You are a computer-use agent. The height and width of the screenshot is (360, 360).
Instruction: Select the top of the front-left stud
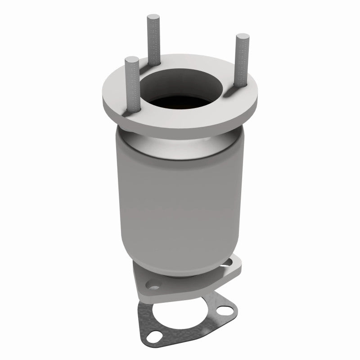pos(131,59)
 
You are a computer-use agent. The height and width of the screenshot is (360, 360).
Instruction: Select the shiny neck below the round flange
pos(180,139)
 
